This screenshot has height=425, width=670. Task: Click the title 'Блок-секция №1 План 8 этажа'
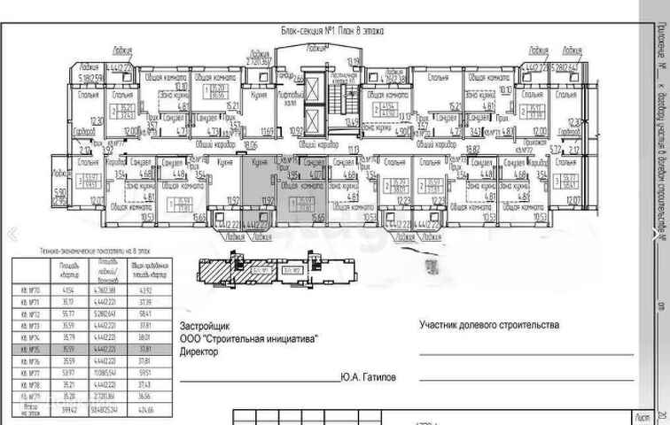pyautogui.click(x=332, y=29)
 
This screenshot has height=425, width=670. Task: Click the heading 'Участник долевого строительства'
pyautogui.click(x=489, y=325)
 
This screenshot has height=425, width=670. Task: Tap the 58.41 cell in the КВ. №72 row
pyautogui.click(x=144, y=313)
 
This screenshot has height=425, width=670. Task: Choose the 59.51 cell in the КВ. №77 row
pyautogui.click(x=144, y=373)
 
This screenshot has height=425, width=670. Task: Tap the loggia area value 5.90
pyautogui.click(x=59, y=192)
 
